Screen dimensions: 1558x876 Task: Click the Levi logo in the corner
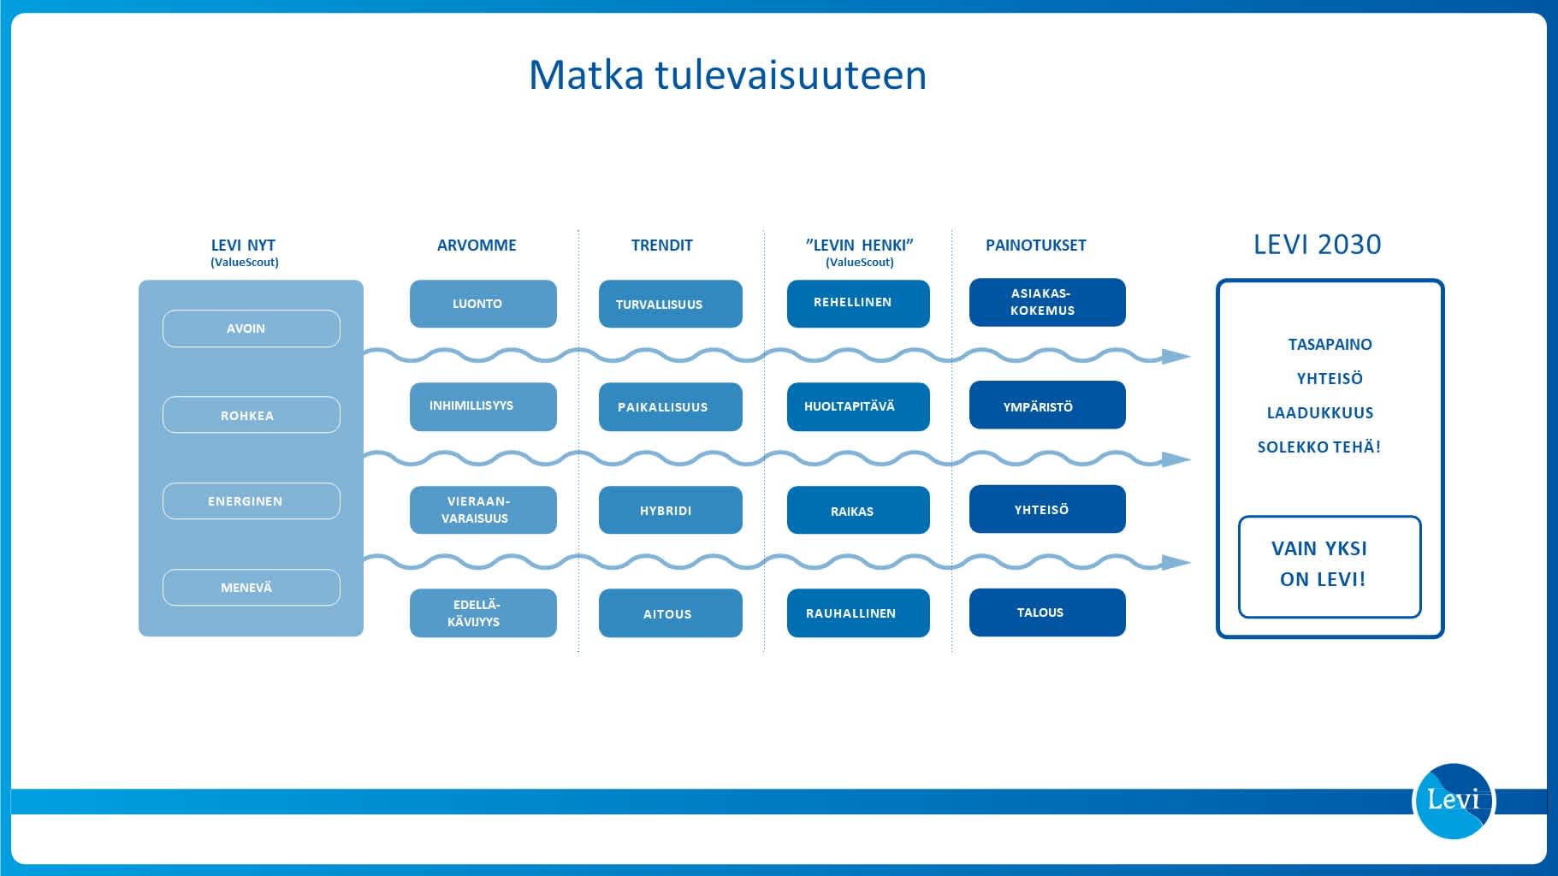[x=1453, y=801]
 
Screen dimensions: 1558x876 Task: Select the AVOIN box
[x=251, y=328]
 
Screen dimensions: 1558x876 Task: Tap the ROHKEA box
[x=251, y=415]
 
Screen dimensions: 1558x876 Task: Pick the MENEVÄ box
[x=251, y=588]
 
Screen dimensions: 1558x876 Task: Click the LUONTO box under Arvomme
[x=483, y=304]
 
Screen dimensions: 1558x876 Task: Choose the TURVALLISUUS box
[x=670, y=304]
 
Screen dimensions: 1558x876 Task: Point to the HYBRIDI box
[x=670, y=510]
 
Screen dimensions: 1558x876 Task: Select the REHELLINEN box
[x=857, y=303]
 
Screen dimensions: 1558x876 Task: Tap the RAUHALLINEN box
[x=857, y=613]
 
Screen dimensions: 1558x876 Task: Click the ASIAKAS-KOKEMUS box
[x=1046, y=302]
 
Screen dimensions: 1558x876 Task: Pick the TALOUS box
[x=1046, y=612]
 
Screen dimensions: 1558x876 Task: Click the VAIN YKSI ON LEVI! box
[x=1329, y=565]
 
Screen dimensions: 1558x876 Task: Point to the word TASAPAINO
[x=1330, y=344]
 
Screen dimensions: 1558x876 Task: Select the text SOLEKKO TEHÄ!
[x=1318, y=447]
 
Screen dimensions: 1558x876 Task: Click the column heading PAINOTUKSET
[x=1035, y=246]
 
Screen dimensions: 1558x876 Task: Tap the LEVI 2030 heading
[x=1317, y=245]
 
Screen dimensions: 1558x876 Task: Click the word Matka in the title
[x=585, y=75]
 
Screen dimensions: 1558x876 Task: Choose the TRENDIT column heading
[x=661, y=246]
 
